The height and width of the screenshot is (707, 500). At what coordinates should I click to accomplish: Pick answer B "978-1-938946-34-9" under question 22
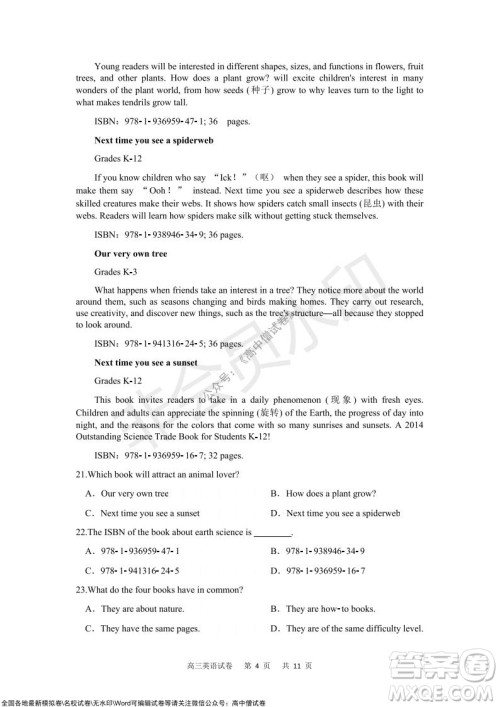[x=321, y=551]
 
